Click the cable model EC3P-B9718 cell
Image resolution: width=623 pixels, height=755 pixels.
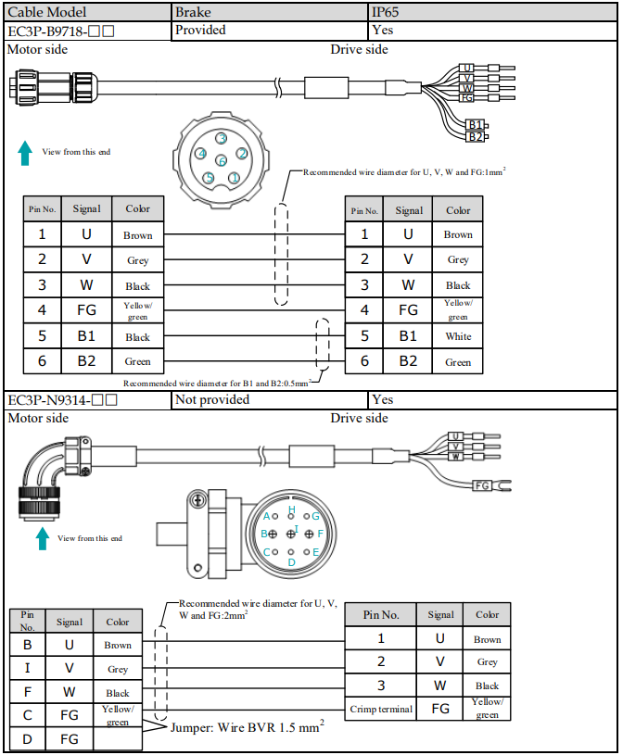click(x=87, y=31)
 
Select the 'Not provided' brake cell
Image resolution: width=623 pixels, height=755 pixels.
click(x=269, y=399)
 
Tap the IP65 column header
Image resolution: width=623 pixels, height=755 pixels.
click(x=492, y=12)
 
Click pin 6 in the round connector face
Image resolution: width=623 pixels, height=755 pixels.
click(x=222, y=160)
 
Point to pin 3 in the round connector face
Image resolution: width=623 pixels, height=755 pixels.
click(x=222, y=139)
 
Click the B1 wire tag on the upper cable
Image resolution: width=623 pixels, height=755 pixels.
click(x=476, y=125)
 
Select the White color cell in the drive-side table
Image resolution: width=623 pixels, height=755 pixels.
click(x=458, y=336)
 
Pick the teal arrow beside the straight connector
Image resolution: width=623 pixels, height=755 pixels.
click(x=25, y=153)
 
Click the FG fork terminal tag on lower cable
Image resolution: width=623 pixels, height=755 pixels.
click(x=482, y=485)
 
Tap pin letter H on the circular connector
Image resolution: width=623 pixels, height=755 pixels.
click(x=291, y=510)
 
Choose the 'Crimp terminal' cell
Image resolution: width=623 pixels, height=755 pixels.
click(x=381, y=709)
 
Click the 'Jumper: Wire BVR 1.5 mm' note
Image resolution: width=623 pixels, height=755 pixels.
click(x=248, y=727)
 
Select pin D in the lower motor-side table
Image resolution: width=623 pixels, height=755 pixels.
click(x=28, y=739)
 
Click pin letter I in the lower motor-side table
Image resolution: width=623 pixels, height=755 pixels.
click(x=28, y=668)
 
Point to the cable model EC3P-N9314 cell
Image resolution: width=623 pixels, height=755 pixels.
click(x=87, y=400)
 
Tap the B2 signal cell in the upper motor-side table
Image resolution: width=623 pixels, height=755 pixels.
click(x=87, y=361)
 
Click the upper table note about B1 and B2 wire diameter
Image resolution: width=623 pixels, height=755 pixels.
click(x=216, y=384)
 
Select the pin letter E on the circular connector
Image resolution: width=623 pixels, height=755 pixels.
click(x=315, y=552)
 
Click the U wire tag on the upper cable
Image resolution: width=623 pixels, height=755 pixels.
click(x=466, y=68)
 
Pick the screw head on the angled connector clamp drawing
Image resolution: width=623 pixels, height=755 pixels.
click(x=197, y=500)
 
